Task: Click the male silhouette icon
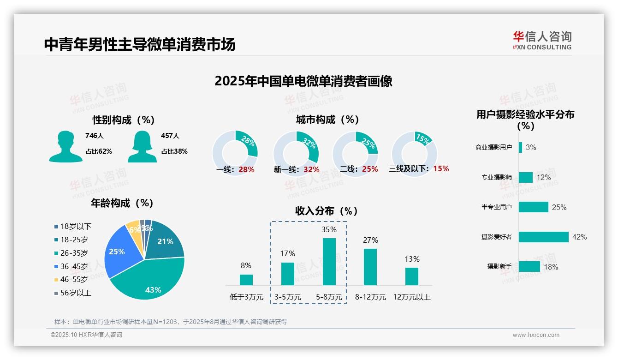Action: tap(65, 146)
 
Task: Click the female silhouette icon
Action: tap(142, 146)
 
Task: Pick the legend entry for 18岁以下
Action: tap(72, 226)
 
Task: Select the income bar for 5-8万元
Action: tap(329, 261)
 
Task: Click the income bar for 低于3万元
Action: tap(246, 280)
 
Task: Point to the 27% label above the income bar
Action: tap(370, 240)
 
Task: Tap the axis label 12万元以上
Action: tap(411, 297)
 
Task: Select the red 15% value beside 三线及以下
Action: tap(441, 168)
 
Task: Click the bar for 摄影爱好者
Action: tap(543, 237)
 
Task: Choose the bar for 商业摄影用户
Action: tap(520, 147)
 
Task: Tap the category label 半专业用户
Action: tap(496, 207)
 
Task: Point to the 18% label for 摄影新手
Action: tap(551, 267)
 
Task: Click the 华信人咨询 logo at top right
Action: tap(542, 41)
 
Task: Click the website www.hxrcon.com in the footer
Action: tap(536, 335)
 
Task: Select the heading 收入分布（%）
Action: tap(327, 211)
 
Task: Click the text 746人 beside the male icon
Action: tap(95, 136)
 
